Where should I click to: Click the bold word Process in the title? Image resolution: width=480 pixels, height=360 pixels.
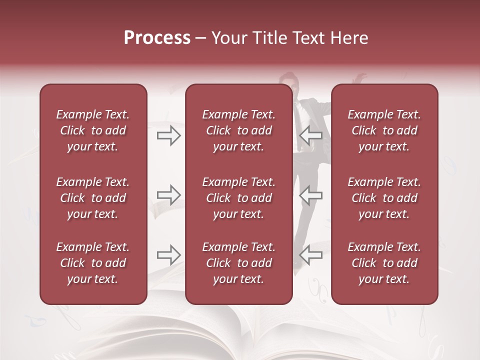157,38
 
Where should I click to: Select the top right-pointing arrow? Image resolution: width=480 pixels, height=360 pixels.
169,135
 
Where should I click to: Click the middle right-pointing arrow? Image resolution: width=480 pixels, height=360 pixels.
169,195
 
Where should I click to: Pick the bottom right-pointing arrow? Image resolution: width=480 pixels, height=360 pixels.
169,255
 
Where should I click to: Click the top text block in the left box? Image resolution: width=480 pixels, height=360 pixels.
93,130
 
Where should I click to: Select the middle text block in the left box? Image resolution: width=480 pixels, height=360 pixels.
93,198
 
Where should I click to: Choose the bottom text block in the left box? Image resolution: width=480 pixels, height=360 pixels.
93,263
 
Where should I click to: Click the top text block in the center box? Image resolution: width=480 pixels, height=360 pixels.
239,130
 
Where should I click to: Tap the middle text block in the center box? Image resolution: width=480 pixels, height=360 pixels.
239,198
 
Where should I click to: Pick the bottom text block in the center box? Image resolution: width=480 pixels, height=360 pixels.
239,263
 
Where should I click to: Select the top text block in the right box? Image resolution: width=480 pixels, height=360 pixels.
384,130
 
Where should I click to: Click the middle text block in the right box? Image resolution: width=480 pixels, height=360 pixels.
384,198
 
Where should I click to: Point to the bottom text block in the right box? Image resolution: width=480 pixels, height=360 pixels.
384,263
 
